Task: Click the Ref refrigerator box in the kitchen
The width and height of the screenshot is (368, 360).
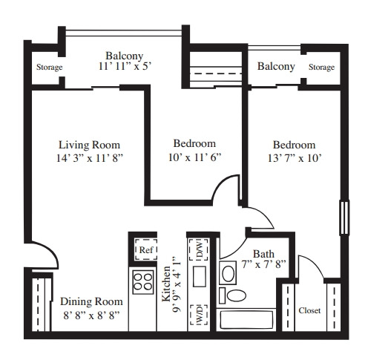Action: tap(146, 249)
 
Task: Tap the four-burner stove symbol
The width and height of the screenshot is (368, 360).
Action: tap(142, 282)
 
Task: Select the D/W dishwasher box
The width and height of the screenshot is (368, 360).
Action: tap(199, 249)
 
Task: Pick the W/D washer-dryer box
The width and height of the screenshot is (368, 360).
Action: tap(199, 315)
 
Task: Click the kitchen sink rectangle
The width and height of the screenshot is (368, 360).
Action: tap(200, 276)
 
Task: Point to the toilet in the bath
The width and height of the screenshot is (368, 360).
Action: tap(233, 295)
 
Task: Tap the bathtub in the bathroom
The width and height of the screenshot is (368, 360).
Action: tap(246, 320)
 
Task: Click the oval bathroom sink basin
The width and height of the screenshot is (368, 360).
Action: tap(228, 273)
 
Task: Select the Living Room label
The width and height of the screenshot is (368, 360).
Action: tap(89, 145)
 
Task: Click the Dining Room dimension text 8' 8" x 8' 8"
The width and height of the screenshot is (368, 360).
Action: tap(91, 315)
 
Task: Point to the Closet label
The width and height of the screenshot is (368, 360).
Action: tap(309, 310)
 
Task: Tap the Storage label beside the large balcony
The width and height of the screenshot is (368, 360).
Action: tap(50, 67)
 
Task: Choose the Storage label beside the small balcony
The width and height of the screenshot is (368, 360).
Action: tap(321, 67)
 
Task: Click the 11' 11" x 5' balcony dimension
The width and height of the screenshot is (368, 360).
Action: tap(125, 66)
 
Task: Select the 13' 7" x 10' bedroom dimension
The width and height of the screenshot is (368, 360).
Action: tap(295, 158)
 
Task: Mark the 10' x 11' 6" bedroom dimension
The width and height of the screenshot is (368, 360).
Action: tap(194, 157)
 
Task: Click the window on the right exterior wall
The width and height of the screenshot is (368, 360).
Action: tap(344, 217)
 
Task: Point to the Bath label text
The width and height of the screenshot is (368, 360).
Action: tap(263, 254)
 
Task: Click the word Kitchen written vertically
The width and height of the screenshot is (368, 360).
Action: tap(166, 284)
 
